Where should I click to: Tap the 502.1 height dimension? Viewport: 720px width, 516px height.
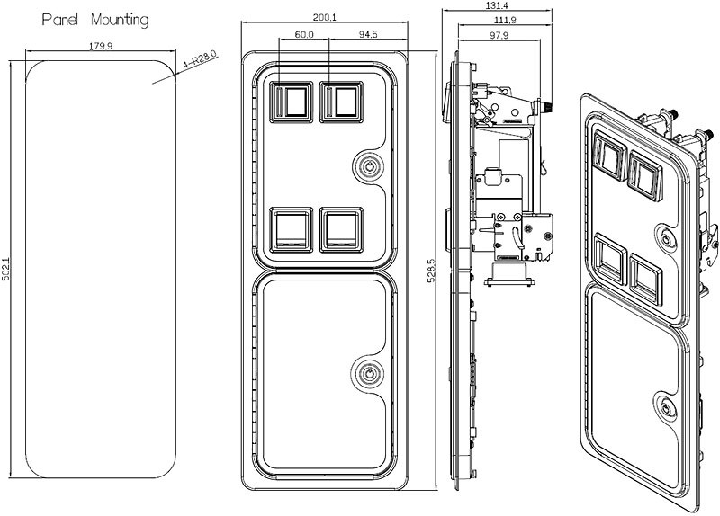click(x=7, y=269)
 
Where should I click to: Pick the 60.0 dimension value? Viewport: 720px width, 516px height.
click(x=304, y=36)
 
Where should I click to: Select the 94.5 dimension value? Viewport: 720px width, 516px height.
click(x=367, y=36)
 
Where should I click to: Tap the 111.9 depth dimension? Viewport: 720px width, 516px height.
click(x=505, y=20)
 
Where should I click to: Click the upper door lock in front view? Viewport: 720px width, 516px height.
click(x=368, y=166)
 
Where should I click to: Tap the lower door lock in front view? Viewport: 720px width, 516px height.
click(x=368, y=372)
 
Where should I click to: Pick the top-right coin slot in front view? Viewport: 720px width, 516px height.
click(x=339, y=102)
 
